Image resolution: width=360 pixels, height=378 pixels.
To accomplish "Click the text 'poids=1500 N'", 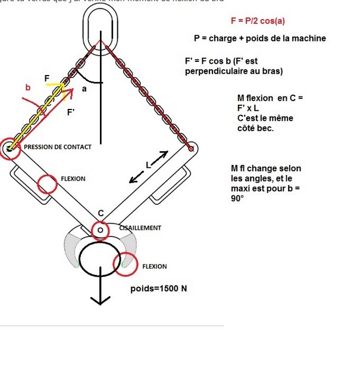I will pyautogui.click(x=158, y=289).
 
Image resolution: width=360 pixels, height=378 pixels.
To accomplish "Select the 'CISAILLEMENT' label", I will pyautogui.click(x=140, y=227).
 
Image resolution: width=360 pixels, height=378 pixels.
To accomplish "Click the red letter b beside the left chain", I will pyautogui.click(x=27, y=88).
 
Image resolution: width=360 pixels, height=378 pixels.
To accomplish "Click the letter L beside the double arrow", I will pyautogui.click(x=149, y=164).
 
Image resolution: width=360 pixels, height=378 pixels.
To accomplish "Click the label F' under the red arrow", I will pyautogui.click(x=70, y=111).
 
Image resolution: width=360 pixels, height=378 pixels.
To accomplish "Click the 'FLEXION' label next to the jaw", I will pyautogui.click(x=154, y=266).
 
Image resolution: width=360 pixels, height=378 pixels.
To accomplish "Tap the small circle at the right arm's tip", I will pyautogui.click(x=190, y=148).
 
